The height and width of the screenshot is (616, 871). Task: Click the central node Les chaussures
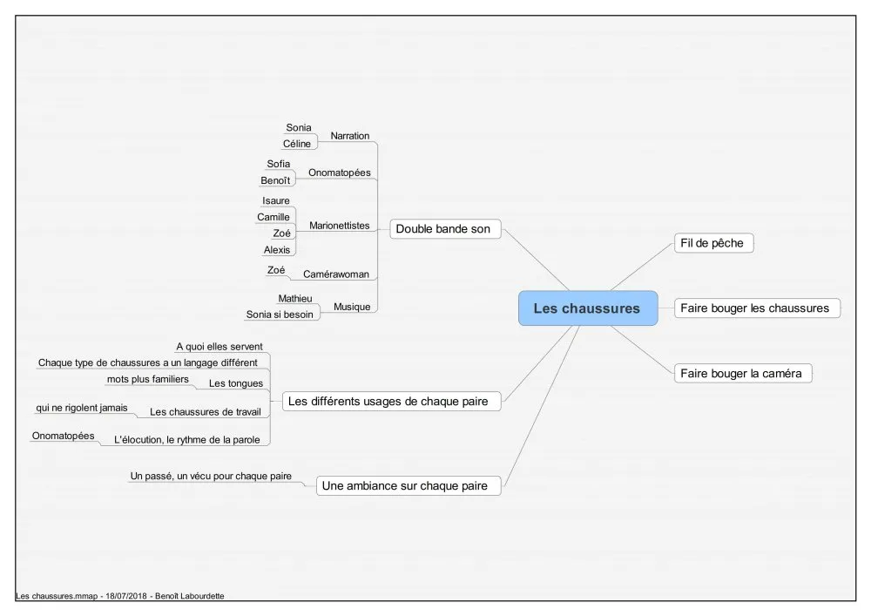(x=588, y=308)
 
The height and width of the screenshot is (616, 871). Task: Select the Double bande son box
(x=445, y=229)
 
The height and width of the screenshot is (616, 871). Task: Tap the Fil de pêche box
(x=714, y=243)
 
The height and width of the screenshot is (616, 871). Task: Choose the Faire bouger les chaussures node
(x=757, y=308)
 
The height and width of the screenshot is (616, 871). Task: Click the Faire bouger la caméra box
(x=743, y=373)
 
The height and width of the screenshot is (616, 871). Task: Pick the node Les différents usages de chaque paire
(x=392, y=401)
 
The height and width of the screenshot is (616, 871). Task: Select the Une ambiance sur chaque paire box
(x=408, y=485)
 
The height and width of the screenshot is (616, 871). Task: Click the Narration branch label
(x=350, y=136)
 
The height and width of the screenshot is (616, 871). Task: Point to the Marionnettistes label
(x=340, y=226)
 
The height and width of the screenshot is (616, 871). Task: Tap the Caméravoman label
(x=336, y=274)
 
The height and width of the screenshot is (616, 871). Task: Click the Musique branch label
(x=352, y=307)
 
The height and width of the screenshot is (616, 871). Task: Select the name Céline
(x=297, y=143)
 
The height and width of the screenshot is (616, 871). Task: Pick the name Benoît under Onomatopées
(x=275, y=180)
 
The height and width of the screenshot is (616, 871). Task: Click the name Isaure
(x=276, y=200)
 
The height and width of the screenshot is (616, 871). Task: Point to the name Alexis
(x=277, y=250)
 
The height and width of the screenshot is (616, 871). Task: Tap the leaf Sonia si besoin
(x=280, y=315)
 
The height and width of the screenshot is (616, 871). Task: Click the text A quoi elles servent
(x=219, y=347)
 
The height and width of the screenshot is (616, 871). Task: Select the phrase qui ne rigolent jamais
(x=82, y=408)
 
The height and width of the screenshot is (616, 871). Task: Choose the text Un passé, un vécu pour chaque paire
(x=211, y=476)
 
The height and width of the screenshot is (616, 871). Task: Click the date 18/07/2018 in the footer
(x=126, y=596)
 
